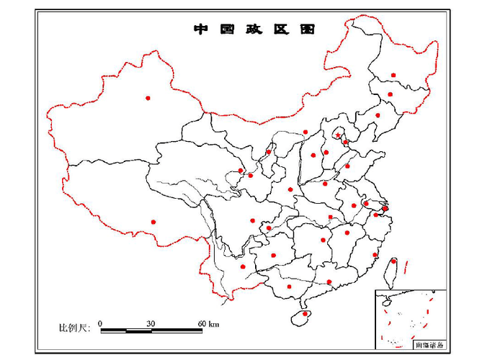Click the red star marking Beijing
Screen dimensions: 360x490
(338, 135)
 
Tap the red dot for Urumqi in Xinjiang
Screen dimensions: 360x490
(148, 97)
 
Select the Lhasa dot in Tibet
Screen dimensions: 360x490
(153, 222)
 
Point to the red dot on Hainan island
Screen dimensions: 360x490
(305, 313)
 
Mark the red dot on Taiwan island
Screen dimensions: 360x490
(393, 261)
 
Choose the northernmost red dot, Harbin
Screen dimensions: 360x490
(393, 75)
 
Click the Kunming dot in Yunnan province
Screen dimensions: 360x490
(243, 267)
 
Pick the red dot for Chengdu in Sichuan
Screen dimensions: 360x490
(253, 220)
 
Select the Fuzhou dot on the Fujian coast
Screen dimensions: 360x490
(375, 255)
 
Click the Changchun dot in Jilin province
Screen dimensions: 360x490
(390, 94)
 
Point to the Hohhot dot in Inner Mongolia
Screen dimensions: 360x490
(306, 132)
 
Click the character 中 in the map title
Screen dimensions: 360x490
(200, 30)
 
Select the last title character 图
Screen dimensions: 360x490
(308, 30)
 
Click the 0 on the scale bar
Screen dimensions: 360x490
(100, 323)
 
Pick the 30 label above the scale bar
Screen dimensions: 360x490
(151, 323)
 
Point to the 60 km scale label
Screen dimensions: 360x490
(208, 323)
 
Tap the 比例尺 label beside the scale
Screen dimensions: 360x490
(73, 328)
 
